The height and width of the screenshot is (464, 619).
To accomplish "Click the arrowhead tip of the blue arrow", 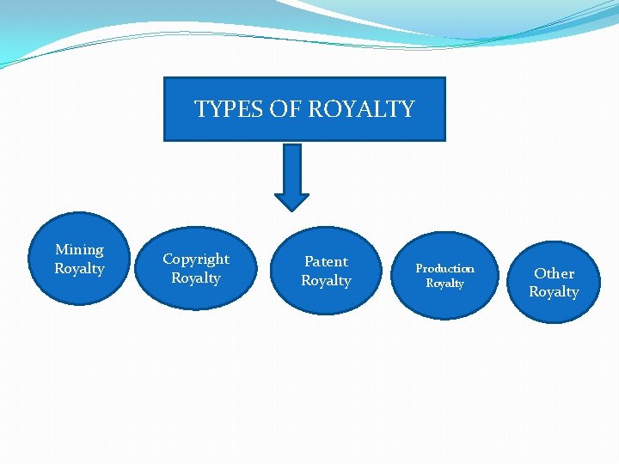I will [x=291, y=208].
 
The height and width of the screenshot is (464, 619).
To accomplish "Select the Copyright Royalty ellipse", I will [x=196, y=268].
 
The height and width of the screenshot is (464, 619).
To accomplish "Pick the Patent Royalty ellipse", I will [x=326, y=271].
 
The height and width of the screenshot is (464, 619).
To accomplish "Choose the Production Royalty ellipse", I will [x=444, y=276].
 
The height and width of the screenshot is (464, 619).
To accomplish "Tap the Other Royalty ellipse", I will [x=555, y=283].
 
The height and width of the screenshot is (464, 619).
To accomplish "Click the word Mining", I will [x=79, y=250].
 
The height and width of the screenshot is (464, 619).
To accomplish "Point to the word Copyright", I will [x=196, y=259].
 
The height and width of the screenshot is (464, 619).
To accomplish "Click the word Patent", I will [x=327, y=261].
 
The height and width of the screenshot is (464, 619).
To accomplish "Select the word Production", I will [x=444, y=269].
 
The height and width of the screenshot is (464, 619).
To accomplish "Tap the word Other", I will [x=555, y=273].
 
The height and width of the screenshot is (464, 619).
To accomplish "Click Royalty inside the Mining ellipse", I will [x=79, y=269].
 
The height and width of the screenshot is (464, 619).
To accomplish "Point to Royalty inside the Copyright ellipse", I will [x=196, y=278].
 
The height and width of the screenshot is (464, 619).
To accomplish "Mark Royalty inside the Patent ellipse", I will [x=326, y=281].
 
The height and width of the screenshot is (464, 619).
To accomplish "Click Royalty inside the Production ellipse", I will [x=444, y=284].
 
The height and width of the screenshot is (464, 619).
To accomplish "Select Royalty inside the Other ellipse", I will [x=554, y=292].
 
